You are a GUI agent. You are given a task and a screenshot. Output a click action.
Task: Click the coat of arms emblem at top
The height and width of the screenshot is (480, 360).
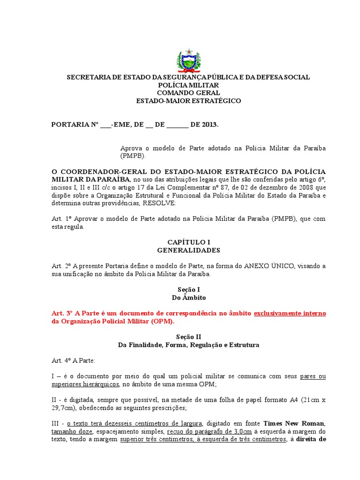(x=188, y=60)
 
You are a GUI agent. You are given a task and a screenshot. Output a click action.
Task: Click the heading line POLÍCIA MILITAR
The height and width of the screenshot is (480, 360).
(x=188, y=85)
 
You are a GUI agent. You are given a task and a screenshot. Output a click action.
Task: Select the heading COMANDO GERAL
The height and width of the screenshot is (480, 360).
(x=188, y=93)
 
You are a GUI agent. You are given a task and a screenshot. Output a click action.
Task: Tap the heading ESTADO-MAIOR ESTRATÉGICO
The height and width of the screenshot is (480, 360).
(x=188, y=101)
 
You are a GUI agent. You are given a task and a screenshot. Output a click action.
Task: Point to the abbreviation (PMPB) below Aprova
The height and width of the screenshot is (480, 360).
(x=133, y=156)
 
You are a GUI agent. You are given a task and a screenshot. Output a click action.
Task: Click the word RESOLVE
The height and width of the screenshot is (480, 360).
(x=159, y=203)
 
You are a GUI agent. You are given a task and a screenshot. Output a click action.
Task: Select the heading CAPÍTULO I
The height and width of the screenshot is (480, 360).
(x=188, y=242)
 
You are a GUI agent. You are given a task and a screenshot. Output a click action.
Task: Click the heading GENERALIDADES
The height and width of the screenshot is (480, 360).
(x=188, y=250)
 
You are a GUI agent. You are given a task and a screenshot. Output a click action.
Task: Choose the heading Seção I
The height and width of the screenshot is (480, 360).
(x=188, y=290)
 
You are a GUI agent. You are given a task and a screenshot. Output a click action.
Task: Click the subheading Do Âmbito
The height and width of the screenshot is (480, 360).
(x=188, y=298)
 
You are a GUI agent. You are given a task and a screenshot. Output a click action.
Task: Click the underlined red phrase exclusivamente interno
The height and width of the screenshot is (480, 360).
(x=290, y=313)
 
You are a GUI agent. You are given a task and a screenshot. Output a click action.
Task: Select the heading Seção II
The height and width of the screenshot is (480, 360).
(x=188, y=337)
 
